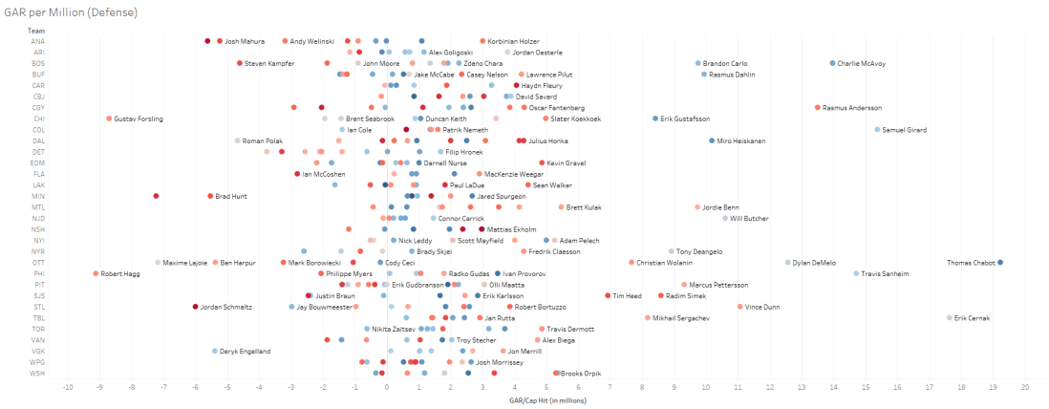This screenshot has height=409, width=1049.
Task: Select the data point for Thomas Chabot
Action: [x=999, y=262]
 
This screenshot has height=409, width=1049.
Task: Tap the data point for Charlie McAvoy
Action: [x=832, y=63]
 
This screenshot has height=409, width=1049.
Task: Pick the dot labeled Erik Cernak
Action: [x=950, y=317]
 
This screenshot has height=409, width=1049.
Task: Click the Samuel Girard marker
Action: [x=877, y=129]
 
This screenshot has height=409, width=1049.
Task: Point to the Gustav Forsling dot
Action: [x=109, y=118]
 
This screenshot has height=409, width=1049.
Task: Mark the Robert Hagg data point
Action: [x=96, y=273]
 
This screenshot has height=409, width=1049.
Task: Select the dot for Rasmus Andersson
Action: [x=818, y=108]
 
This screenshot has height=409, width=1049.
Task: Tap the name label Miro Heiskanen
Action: [x=741, y=140]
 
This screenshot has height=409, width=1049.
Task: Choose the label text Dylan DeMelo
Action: [x=814, y=262]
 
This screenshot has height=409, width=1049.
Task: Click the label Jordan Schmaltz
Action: [x=226, y=307]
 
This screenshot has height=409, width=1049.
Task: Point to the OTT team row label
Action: [x=37, y=262]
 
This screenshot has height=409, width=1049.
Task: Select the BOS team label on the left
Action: [x=37, y=63]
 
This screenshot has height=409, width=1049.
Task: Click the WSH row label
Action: [x=37, y=373]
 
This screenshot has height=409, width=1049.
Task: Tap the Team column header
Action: [x=36, y=30]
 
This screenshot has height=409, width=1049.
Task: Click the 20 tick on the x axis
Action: [x=1025, y=387]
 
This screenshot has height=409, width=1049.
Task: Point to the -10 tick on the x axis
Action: [x=67, y=387]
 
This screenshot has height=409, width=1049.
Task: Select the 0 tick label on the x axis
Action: [x=386, y=387]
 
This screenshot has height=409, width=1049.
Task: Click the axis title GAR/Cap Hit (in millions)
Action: [x=546, y=399]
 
